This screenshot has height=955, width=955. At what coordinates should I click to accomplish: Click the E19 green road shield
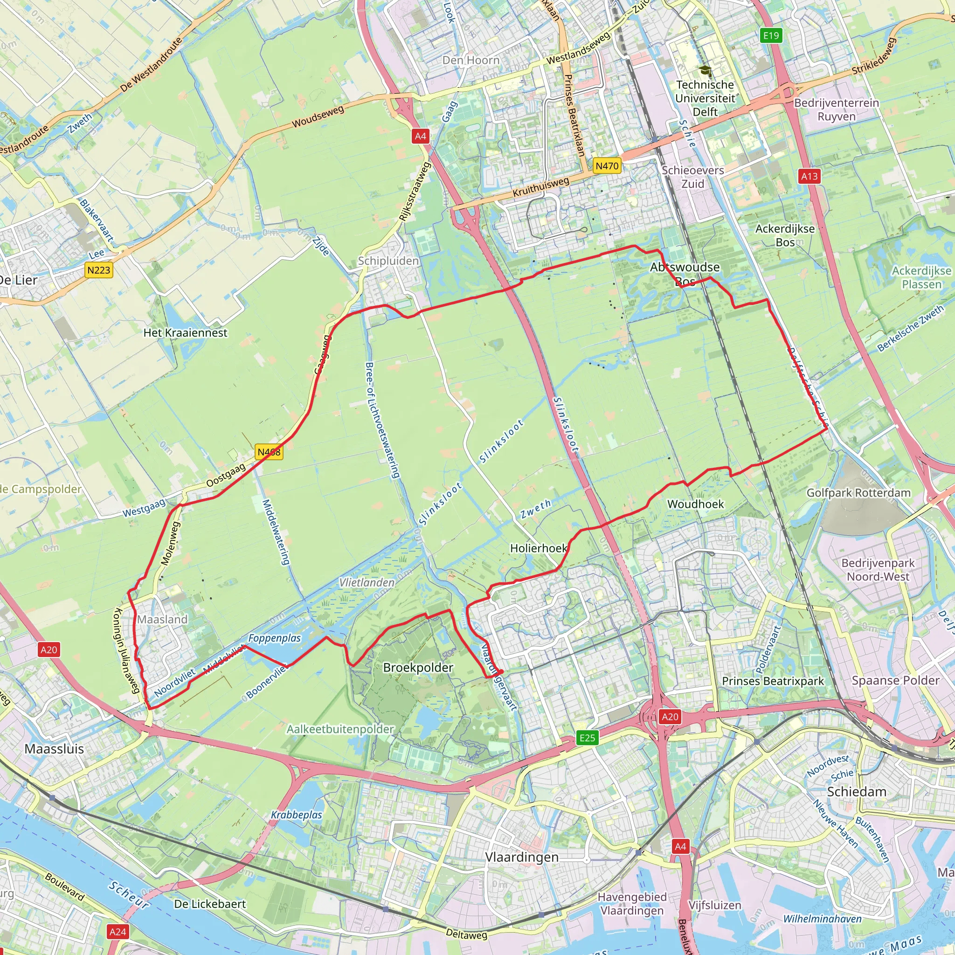(771, 35)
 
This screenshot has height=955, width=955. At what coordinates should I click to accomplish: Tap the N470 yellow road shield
(607, 166)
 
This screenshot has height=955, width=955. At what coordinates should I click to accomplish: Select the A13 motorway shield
(809, 176)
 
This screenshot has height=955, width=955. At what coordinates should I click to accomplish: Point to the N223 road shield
(99, 270)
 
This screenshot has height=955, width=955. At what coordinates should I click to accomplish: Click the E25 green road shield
(587, 738)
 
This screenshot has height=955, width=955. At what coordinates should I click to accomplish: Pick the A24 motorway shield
(118, 932)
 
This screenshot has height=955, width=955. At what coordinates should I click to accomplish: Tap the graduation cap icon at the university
(705, 71)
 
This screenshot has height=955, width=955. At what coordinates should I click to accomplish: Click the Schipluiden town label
(388, 261)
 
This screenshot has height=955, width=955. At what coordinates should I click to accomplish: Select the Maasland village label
(163, 619)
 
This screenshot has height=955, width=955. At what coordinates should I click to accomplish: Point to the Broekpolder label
(418, 668)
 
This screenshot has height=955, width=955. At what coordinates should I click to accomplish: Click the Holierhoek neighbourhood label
(539, 548)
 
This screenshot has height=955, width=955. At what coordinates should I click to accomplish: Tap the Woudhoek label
(695, 504)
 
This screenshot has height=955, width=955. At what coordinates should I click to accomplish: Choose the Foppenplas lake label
(274, 638)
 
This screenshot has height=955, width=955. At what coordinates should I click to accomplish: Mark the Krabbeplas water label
(297, 815)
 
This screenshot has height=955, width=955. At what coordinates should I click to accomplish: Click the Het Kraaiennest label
(186, 332)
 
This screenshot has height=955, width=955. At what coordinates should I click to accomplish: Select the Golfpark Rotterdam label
(858, 493)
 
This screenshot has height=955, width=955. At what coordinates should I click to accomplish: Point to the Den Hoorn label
(471, 60)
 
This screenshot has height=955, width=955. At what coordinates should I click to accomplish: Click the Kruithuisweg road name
(541, 187)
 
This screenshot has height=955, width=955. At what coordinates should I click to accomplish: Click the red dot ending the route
(501, 672)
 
